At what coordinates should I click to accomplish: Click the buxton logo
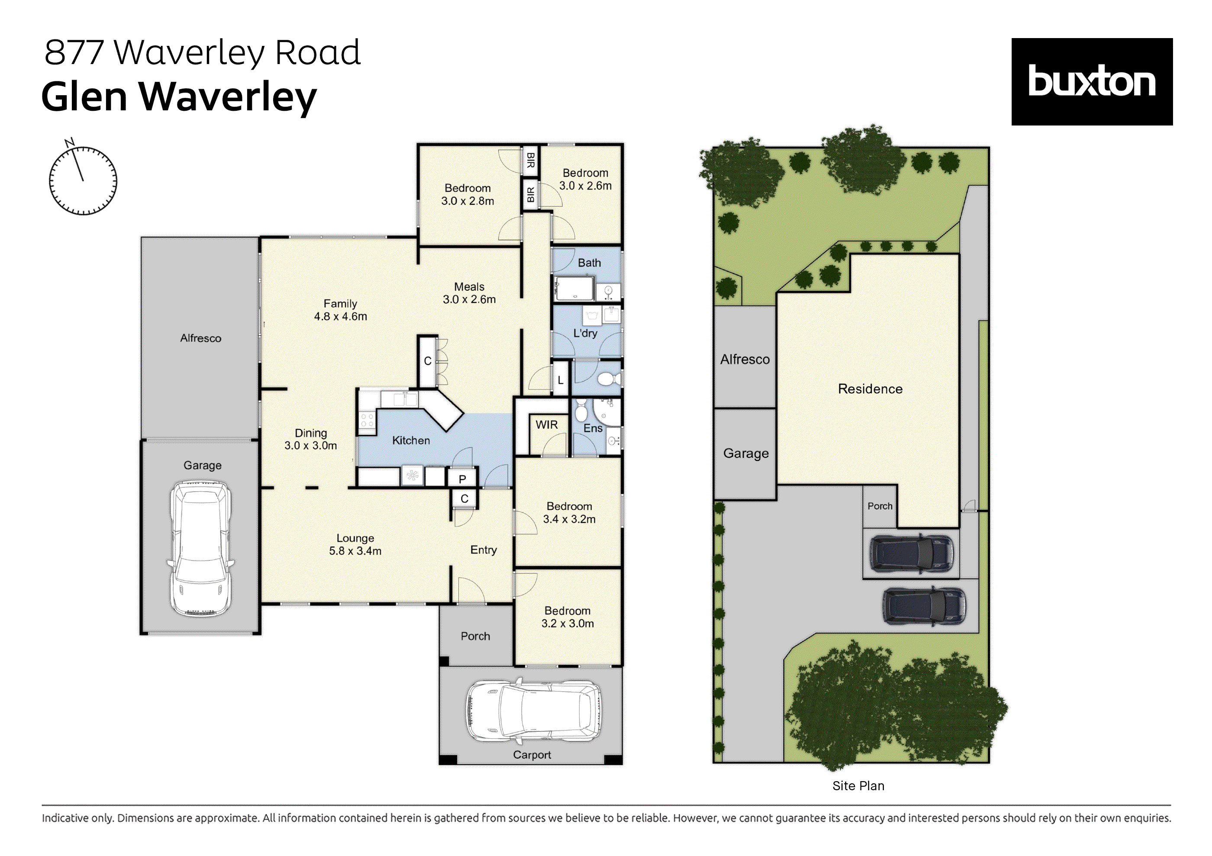(1091, 82)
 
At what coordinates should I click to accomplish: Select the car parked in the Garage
(200, 548)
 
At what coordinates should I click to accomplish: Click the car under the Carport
(533, 710)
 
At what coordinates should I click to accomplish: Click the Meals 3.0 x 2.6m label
(469, 293)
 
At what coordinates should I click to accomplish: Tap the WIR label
(546, 425)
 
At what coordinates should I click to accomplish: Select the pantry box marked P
(462, 479)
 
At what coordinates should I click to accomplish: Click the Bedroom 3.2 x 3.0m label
(567, 617)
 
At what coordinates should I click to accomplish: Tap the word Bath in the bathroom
(589, 263)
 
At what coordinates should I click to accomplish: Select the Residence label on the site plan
(870, 389)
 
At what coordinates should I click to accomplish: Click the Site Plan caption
(858, 786)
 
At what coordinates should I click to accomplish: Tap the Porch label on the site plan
(880, 506)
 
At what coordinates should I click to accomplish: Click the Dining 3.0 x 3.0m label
(310, 439)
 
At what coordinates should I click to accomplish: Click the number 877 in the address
(74, 52)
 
